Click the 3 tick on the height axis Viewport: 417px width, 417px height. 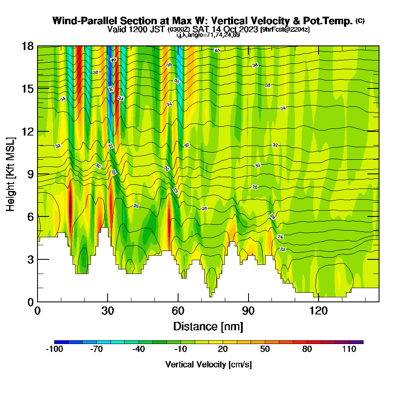click(30, 259)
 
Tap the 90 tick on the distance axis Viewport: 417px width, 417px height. click(249, 311)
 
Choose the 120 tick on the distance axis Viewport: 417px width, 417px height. click(319, 311)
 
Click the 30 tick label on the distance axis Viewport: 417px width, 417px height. click(108, 311)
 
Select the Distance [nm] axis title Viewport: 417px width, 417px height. click(208, 326)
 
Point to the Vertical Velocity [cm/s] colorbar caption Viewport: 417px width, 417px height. click(208, 364)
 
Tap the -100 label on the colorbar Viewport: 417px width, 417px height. click(54, 349)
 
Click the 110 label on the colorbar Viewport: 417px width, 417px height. click(349, 349)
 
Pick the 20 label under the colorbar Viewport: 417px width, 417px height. click(223, 349)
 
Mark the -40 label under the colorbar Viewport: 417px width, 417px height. click(138, 349)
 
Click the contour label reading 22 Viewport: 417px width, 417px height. click(283, 249)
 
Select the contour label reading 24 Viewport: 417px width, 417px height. click(280, 237)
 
